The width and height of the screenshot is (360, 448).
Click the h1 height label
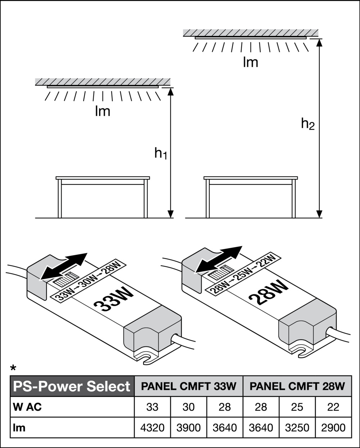(161, 153)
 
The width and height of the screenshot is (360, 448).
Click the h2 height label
(308, 124)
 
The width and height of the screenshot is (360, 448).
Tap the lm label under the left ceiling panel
(103, 111)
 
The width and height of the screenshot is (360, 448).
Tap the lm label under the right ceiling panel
(250, 63)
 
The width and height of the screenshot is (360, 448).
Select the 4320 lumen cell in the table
(152, 427)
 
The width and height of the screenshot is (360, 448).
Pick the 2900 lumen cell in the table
(333, 427)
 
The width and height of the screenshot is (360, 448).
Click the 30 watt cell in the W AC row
(189, 407)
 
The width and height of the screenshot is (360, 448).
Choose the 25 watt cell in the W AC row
(297, 407)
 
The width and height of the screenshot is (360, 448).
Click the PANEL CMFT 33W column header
(189, 386)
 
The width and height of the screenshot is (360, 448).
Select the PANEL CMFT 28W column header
(297, 386)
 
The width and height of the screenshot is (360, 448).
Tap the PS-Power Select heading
(72, 386)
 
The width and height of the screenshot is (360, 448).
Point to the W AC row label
(27, 407)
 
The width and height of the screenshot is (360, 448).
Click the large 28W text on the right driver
(269, 292)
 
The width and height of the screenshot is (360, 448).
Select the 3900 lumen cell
(189, 427)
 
